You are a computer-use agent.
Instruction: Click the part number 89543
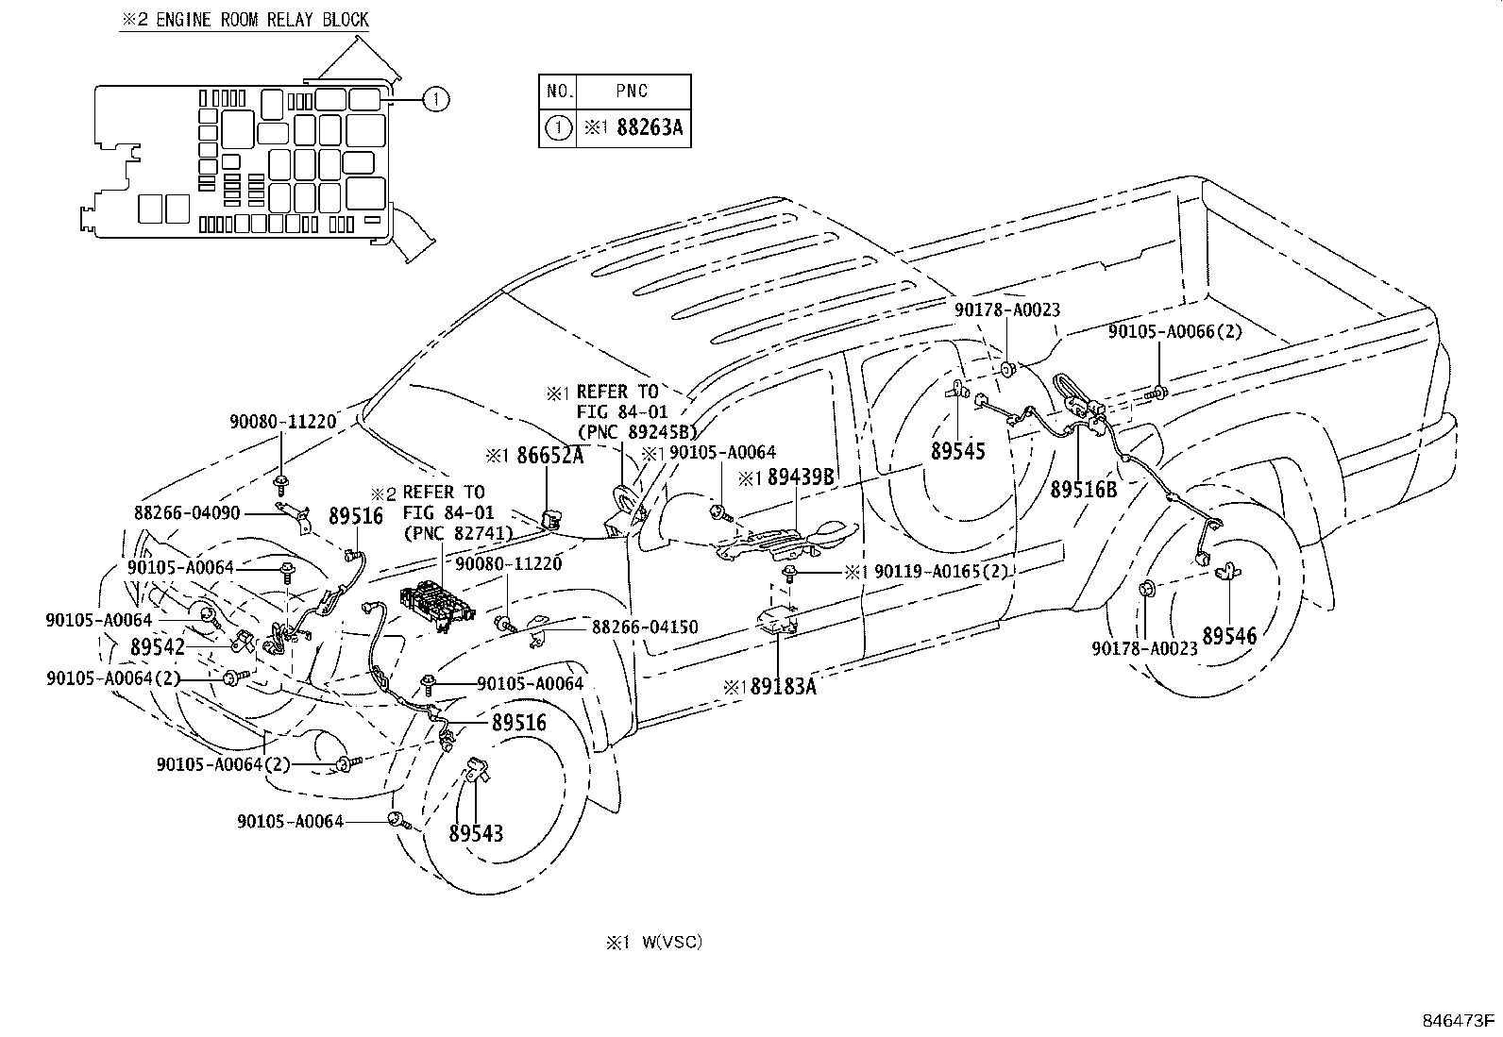click(476, 834)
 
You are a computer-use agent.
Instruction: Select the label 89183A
click(783, 687)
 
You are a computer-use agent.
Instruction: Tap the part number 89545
click(957, 451)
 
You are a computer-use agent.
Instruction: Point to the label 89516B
click(1083, 490)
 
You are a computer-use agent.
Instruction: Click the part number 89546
click(1229, 636)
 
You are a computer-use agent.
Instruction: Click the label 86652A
click(549, 456)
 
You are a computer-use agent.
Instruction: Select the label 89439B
click(801, 477)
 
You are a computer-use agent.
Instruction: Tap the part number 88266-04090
click(187, 513)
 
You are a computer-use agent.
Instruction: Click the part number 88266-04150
click(645, 627)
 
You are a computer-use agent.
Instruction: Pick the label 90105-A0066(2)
click(1175, 331)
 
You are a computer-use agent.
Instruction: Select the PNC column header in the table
click(632, 92)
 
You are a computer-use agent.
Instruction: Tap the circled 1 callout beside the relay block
click(433, 98)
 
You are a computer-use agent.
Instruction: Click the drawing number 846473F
click(1459, 1020)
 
